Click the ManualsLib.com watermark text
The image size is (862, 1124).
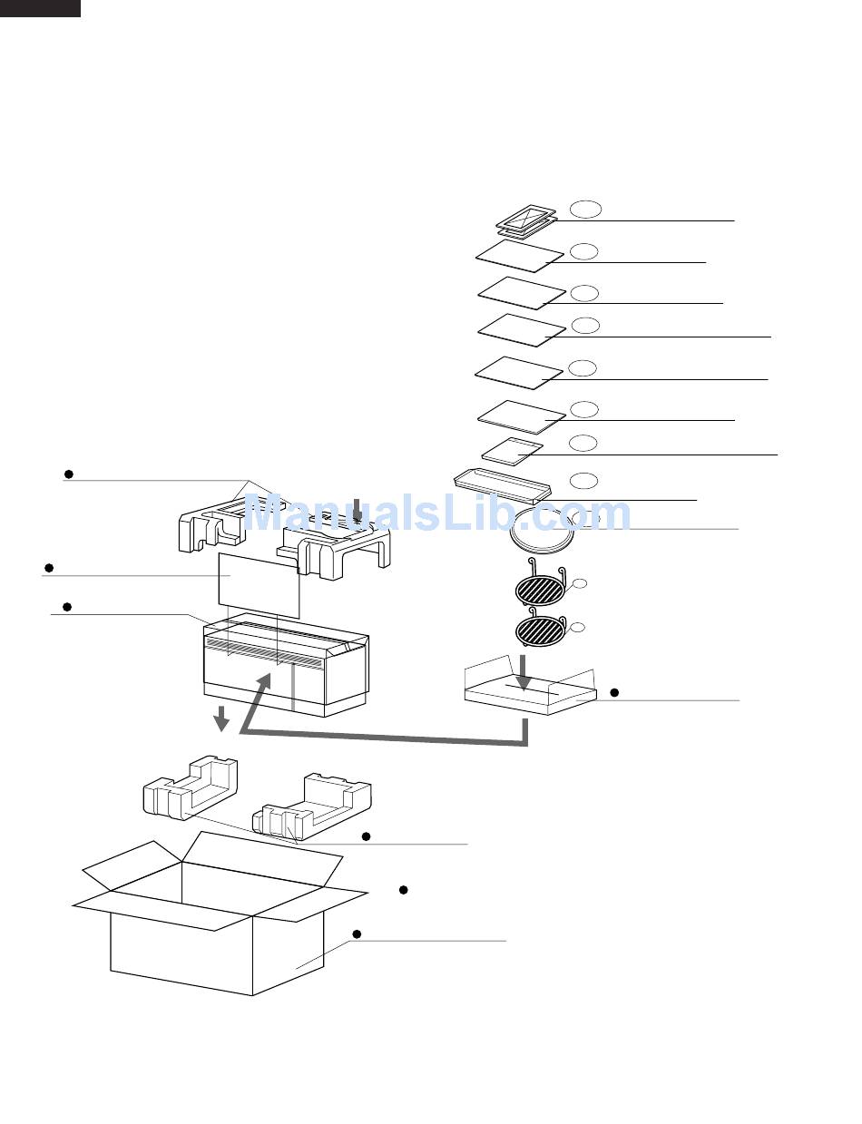(437, 513)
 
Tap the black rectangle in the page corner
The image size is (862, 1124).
(40, 8)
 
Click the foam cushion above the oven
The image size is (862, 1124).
(284, 533)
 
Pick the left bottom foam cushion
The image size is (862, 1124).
(190, 787)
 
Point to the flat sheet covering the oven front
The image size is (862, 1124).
(260, 585)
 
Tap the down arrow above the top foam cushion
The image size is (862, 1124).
(357, 510)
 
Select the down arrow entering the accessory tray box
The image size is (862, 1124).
(524, 672)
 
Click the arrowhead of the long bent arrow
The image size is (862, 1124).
(263, 684)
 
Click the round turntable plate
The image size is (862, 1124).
(542, 532)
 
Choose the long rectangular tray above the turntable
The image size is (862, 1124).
(502, 485)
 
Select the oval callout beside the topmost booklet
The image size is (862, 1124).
(586, 210)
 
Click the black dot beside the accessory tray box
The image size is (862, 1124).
(614, 692)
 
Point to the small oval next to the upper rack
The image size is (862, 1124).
(580, 583)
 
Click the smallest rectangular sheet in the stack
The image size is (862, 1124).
(513, 449)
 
